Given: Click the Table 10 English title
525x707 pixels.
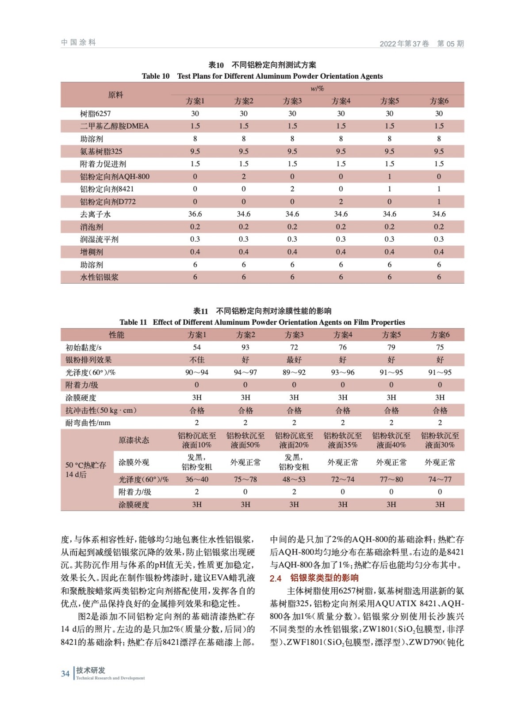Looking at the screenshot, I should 262,76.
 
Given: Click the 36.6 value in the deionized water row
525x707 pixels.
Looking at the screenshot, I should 195,214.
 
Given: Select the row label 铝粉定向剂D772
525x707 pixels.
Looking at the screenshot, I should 107,202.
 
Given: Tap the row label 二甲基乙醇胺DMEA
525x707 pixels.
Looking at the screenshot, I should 114,126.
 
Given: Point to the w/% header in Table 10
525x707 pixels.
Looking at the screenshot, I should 317,88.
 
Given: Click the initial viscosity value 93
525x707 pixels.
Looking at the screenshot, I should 245,347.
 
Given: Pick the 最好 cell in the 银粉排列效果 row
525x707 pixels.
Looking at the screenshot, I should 294,360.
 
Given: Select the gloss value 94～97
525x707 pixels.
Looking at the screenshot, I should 245,373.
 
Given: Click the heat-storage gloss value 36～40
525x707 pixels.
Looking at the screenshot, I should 197,479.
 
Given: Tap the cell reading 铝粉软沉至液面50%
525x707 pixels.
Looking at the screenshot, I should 245,440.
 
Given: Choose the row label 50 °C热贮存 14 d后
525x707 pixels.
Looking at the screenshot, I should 86,470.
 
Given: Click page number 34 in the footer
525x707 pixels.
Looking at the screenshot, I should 65,674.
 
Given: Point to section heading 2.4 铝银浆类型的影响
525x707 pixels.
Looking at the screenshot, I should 314,578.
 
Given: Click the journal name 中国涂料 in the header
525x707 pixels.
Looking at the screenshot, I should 79,42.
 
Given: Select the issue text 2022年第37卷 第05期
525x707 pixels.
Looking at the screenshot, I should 422,43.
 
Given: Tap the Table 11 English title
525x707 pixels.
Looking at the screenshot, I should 262,322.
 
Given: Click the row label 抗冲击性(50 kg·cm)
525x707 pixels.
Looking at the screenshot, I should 101,411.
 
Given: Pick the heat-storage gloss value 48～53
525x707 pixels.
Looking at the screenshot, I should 294,479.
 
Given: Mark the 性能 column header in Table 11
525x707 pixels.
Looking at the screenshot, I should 116,335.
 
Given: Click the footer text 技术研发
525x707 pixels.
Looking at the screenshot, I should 91,670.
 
